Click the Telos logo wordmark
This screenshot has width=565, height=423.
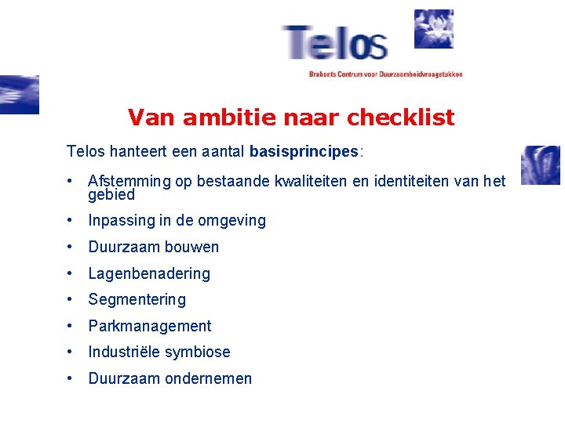(335, 44)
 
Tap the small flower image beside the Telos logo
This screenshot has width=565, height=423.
(433, 29)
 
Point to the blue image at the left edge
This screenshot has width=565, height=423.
(19, 95)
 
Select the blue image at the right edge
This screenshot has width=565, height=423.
(541, 164)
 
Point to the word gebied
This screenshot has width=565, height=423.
(111, 194)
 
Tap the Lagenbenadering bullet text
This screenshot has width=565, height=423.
(149, 273)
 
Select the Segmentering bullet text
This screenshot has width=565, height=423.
(137, 299)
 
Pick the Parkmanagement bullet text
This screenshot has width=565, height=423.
(150, 326)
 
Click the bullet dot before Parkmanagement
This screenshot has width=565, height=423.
(71, 325)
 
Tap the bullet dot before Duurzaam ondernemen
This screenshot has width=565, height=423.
(71, 378)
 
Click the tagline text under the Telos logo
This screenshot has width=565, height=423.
(385, 74)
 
